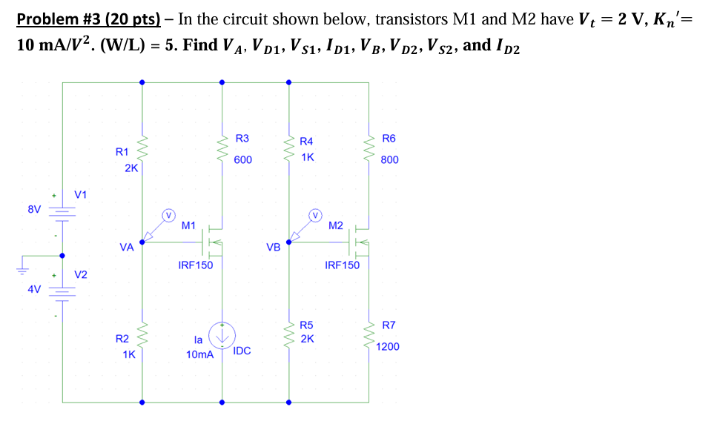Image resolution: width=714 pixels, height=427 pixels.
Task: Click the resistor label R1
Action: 122,152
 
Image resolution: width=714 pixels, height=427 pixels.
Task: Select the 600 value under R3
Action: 242,160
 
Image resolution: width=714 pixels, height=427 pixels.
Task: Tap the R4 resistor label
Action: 306,141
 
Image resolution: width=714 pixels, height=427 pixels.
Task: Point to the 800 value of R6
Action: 389,159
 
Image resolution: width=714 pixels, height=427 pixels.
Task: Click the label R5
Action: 306,325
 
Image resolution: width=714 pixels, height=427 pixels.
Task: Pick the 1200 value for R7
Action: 388,346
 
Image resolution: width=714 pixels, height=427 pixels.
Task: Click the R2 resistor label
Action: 122,339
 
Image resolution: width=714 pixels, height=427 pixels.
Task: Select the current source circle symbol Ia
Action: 221,335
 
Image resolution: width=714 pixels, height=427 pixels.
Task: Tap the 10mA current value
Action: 199,355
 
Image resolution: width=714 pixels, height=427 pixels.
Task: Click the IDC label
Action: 242,350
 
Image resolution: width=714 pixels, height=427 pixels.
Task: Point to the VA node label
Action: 126,248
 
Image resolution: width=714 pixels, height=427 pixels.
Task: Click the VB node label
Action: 273,247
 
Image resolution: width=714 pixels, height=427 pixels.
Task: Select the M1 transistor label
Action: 188,225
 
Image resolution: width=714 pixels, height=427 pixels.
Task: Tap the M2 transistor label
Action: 335,225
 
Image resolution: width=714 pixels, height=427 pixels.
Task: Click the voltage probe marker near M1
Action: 169,216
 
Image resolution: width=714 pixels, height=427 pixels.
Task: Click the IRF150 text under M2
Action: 342,265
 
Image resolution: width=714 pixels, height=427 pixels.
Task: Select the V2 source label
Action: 81,275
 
